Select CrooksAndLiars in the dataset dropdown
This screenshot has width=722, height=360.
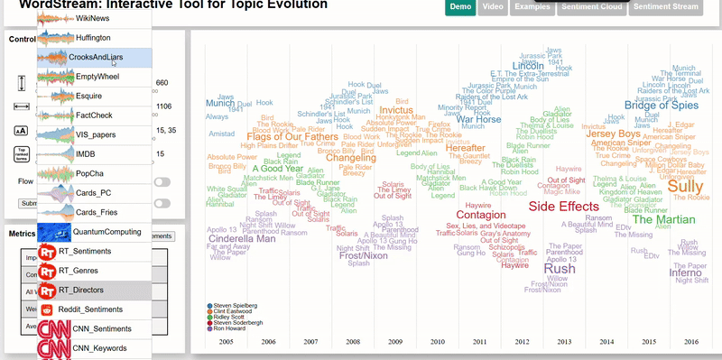96,58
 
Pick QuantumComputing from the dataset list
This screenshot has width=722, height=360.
108,232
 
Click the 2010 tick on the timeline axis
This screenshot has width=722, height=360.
438,342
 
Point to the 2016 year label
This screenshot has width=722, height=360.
690,342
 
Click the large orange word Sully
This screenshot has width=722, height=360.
685,186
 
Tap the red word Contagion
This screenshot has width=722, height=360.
480,216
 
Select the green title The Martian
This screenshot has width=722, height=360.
662,219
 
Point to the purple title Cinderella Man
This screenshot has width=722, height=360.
241,239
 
